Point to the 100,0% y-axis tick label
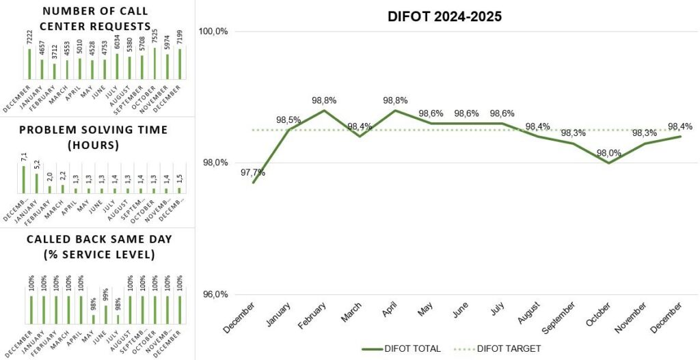213,31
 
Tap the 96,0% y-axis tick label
214,295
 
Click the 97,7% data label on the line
253,172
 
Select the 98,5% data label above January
288,120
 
